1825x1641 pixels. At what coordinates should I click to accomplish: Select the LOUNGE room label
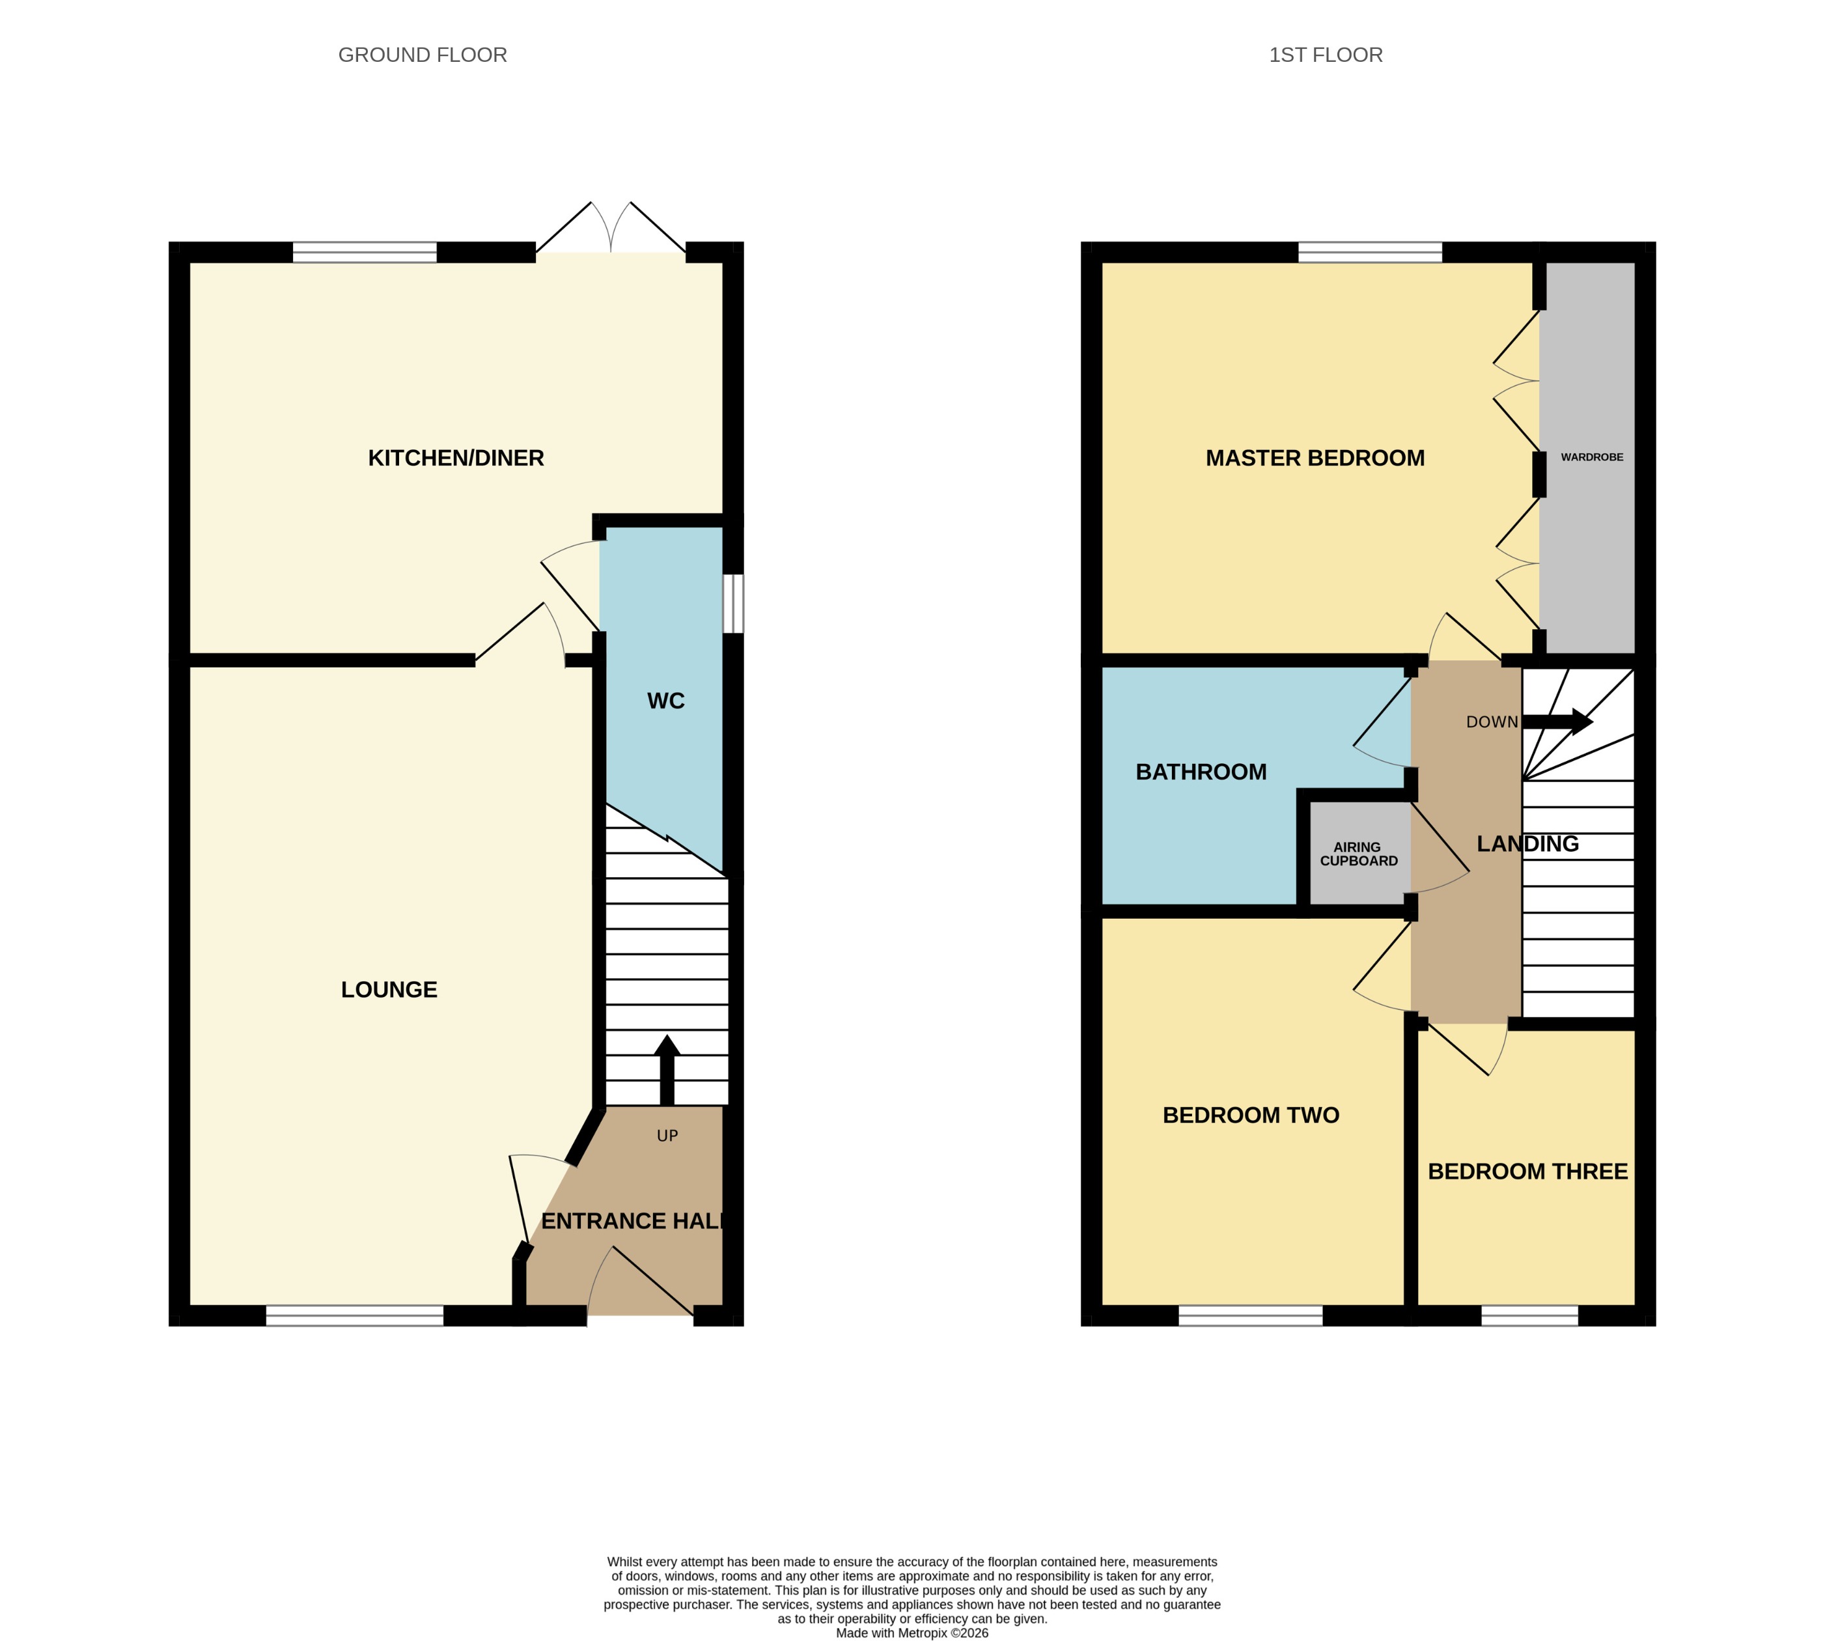coord(389,990)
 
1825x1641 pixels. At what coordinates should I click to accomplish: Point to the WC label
coord(665,701)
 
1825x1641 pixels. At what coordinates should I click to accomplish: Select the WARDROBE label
coord(1591,457)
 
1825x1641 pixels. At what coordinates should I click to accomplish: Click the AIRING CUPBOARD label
coord(1358,854)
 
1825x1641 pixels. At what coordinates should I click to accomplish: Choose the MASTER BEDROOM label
coord(1315,458)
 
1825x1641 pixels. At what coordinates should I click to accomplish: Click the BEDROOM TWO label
coord(1251,1115)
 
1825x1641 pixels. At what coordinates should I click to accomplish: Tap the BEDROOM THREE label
coord(1527,1171)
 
